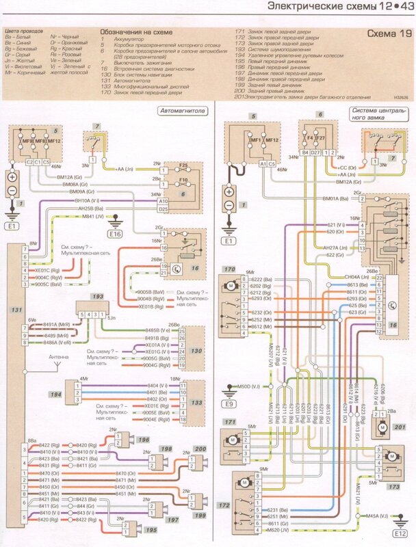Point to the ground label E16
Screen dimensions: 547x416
[x=114, y=233]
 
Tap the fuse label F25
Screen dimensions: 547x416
[x=183, y=165]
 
